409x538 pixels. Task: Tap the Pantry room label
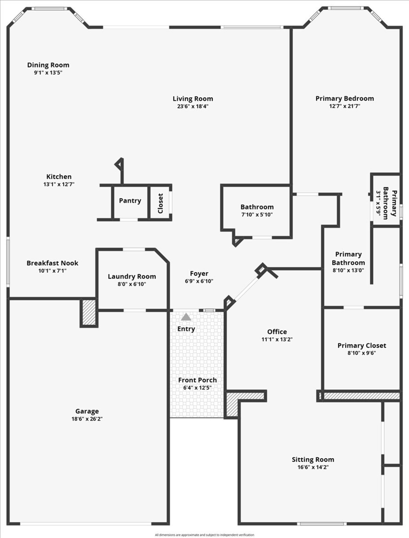click(x=130, y=201)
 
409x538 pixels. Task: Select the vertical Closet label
click(x=161, y=203)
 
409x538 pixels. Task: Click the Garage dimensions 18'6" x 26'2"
click(x=87, y=419)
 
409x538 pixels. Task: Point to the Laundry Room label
click(x=132, y=276)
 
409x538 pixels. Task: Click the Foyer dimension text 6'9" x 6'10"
click(x=199, y=281)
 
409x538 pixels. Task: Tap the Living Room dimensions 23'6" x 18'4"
click(x=193, y=106)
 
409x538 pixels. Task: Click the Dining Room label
click(x=48, y=65)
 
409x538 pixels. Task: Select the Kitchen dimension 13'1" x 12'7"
click(x=59, y=184)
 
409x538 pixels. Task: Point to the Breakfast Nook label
click(x=52, y=263)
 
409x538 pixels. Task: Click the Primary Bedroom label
click(x=345, y=99)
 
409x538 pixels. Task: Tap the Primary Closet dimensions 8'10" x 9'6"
click(x=362, y=353)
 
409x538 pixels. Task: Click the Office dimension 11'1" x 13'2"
click(x=277, y=339)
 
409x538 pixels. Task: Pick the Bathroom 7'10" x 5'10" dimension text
click(x=257, y=214)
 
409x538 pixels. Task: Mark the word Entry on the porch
click(x=186, y=329)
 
